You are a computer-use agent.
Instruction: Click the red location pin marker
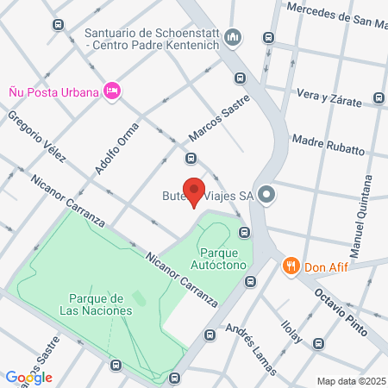tap(195, 191)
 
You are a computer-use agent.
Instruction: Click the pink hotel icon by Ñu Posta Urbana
tap(111, 91)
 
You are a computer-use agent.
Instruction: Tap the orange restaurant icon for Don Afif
tap(291, 266)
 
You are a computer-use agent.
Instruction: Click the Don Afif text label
tap(327, 266)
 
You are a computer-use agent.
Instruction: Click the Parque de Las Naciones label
tap(96, 304)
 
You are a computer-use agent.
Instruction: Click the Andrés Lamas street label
tap(250, 348)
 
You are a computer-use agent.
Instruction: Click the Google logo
tap(28, 377)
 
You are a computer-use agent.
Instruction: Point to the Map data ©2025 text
tap(351, 380)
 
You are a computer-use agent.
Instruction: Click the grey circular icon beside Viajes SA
tap(266, 195)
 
